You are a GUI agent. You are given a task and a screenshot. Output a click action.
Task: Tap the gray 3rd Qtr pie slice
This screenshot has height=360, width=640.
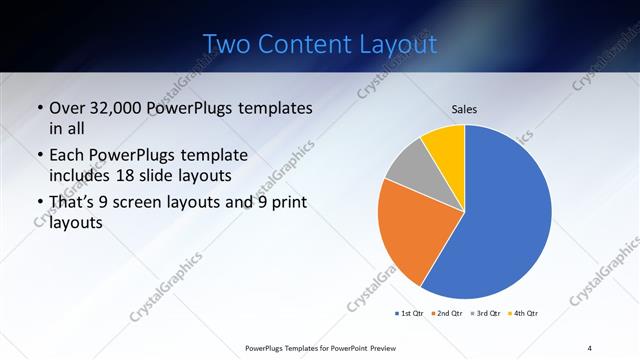pos(408,168)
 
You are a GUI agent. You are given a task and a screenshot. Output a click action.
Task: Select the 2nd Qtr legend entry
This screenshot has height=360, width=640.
pos(445,314)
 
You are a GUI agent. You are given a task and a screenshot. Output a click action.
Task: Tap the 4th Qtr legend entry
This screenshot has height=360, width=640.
pos(521,314)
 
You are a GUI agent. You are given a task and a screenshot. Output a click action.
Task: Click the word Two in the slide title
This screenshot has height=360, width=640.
pos(226,44)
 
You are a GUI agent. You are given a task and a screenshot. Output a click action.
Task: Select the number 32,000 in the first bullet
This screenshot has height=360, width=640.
pos(126,108)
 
